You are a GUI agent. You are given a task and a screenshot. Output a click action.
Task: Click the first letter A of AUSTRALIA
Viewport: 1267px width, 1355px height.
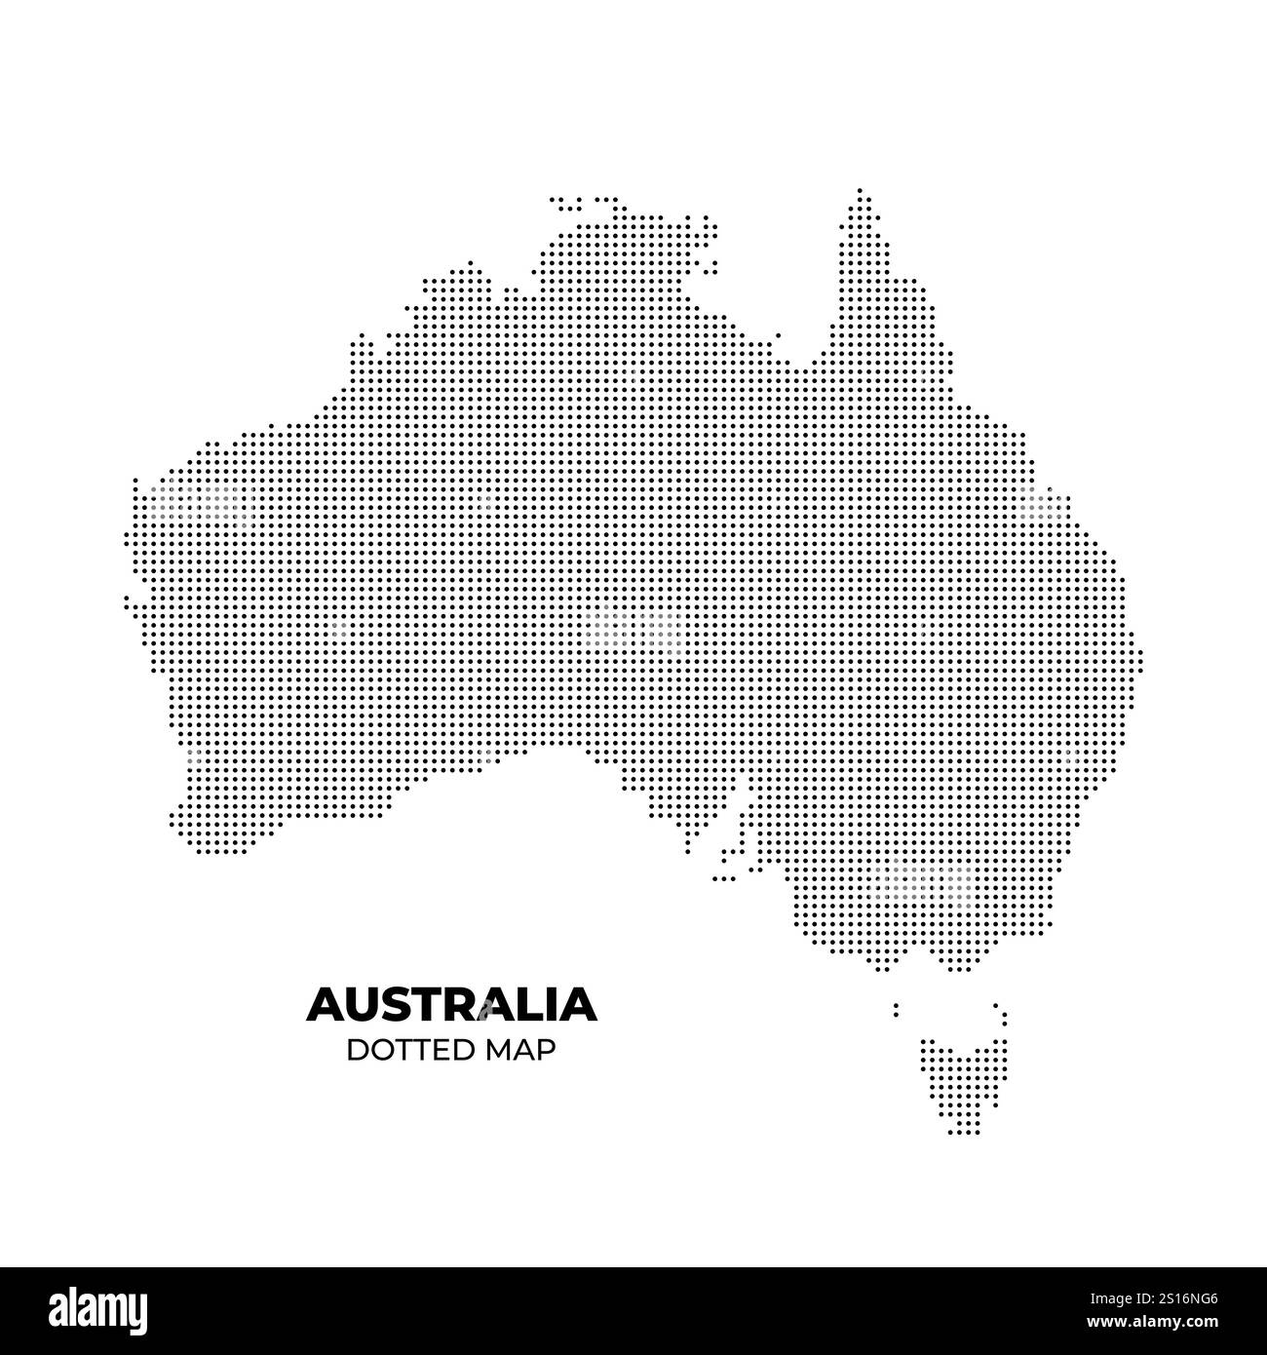(327, 1004)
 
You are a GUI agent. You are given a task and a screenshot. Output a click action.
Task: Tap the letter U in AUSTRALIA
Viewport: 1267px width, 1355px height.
(365, 1004)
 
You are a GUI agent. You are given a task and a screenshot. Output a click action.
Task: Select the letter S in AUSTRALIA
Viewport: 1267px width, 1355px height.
(401, 1004)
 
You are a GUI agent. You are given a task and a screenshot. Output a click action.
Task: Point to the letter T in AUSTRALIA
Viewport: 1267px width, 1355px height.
(432, 1004)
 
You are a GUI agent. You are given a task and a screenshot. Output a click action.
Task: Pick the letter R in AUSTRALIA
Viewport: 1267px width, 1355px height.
(465, 1004)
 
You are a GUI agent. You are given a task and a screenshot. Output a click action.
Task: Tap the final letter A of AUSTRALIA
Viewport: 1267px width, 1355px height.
(577, 1004)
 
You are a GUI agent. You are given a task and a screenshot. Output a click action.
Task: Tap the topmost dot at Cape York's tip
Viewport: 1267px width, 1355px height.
(860, 190)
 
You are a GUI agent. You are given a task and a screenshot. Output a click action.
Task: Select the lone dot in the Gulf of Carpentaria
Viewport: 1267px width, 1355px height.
(778, 335)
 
